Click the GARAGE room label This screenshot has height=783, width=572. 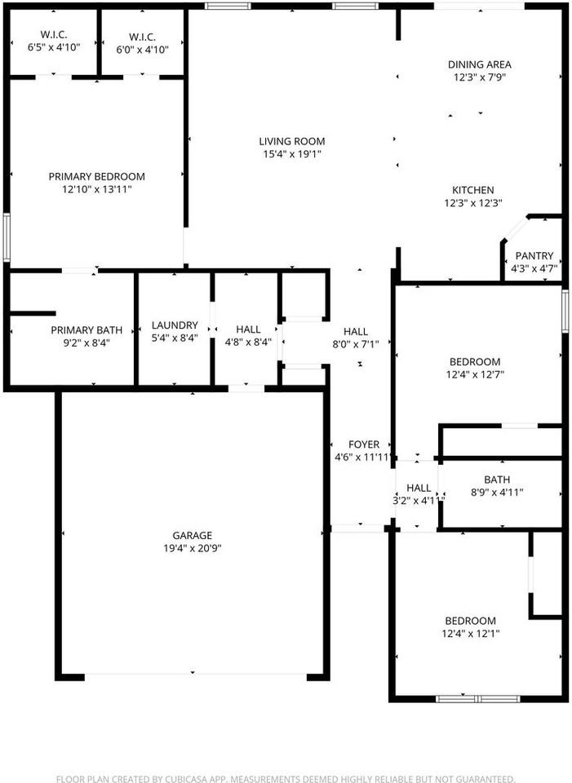tap(193, 535)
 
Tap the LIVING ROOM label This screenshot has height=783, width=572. tap(292, 141)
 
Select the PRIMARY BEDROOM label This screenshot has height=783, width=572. tap(97, 176)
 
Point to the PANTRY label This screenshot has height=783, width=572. tap(534, 255)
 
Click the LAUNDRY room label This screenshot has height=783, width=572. tap(175, 325)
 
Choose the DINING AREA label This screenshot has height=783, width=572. tap(479, 64)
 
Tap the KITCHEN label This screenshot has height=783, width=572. tap(473, 190)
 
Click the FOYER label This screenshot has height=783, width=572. tap(364, 445)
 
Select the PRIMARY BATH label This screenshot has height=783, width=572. tap(86, 330)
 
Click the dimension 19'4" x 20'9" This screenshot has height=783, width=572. tap(193, 548)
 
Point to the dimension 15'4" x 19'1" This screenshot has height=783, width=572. tap(292, 154)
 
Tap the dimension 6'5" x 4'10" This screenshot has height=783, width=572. tap(54, 47)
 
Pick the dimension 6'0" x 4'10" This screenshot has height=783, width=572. tap(142, 50)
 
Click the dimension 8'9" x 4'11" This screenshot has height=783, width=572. tap(497, 493)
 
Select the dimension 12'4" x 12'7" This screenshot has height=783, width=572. tap(475, 374)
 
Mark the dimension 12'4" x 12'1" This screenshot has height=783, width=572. tap(471, 634)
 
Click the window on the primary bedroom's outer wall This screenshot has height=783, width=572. tap(7, 237)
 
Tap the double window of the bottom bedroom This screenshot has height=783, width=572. tap(477, 699)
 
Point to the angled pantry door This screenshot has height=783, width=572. tap(515, 229)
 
